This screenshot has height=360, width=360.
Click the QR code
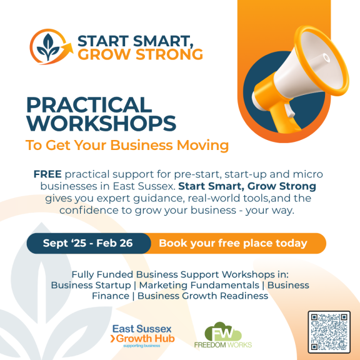tap(329, 332)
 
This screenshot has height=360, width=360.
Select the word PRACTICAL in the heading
tap(89, 105)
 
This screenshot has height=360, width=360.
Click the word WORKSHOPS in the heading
tap(101, 123)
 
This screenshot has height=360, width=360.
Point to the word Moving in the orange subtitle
tap(202, 146)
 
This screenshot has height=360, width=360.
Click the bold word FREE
tap(47, 174)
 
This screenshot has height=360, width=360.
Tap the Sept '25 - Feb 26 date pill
tap(89, 243)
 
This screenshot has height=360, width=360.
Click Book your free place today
tap(232, 243)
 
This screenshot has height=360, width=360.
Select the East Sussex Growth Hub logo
tap(142, 336)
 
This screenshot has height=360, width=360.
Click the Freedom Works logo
tap(223, 335)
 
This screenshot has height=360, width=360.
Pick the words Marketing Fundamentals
tap(199, 285)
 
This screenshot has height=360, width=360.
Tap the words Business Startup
tap(91, 285)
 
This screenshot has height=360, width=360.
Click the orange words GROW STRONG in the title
tap(140, 54)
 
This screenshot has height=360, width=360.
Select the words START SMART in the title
tap(135, 41)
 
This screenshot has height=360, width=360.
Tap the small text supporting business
tap(142, 346)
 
